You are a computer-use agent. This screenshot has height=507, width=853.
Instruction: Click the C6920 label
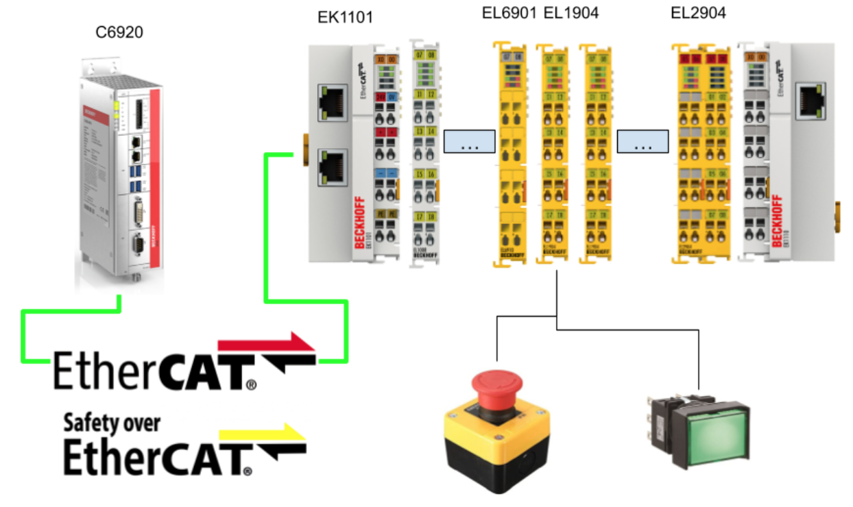(x=119, y=32)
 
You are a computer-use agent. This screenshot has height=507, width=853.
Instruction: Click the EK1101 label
(x=345, y=17)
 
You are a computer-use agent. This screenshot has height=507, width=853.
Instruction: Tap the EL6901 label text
(x=509, y=13)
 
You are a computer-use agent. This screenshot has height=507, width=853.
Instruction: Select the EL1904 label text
(x=570, y=13)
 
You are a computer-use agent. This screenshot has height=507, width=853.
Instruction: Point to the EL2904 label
(x=699, y=13)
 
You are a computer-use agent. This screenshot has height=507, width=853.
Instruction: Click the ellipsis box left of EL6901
(x=469, y=141)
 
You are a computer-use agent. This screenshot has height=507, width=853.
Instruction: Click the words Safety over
(x=112, y=423)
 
